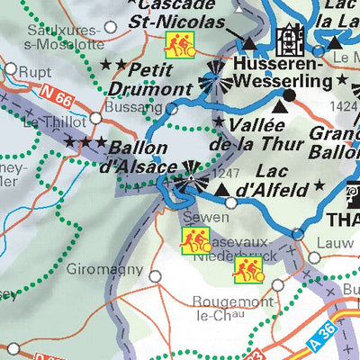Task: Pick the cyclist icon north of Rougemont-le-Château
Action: [247, 268]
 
